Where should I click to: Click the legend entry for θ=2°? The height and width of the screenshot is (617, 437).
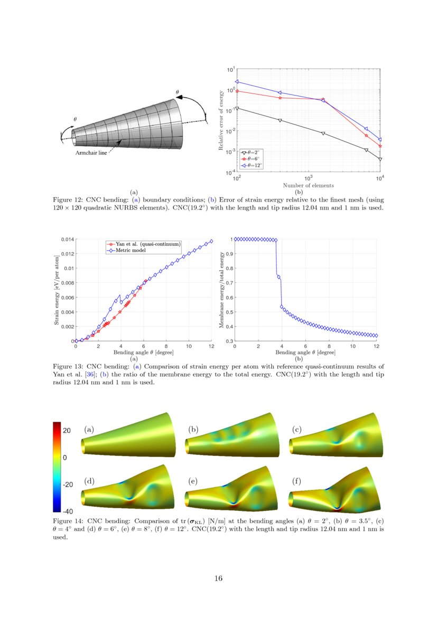(251, 152)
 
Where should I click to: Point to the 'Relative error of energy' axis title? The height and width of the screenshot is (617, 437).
(221, 121)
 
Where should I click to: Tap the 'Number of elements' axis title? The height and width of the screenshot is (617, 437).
(308, 185)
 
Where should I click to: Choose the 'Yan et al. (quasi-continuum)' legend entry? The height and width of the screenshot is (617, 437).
(144, 244)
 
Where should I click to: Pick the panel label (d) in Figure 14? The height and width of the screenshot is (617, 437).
(89, 481)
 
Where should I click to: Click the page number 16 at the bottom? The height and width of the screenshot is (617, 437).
(218, 578)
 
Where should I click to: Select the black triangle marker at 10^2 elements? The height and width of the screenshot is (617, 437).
(237, 108)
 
